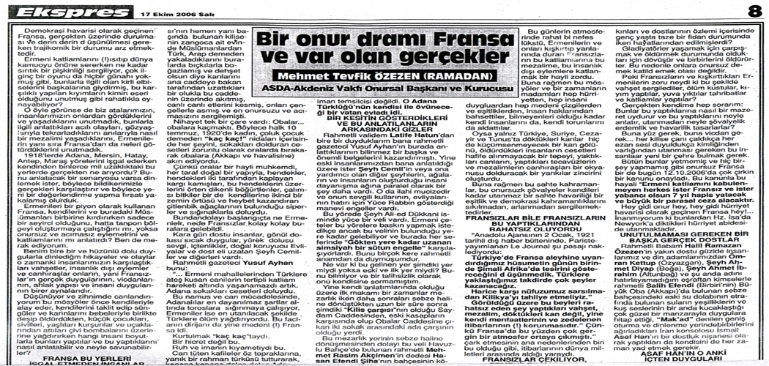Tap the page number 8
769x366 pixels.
[754, 12]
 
